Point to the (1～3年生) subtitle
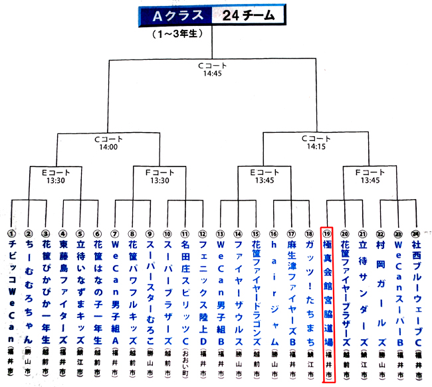pos(178,33)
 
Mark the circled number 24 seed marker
pos(416,234)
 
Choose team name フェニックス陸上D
pos(203,292)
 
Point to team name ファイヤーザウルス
pos(238,292)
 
